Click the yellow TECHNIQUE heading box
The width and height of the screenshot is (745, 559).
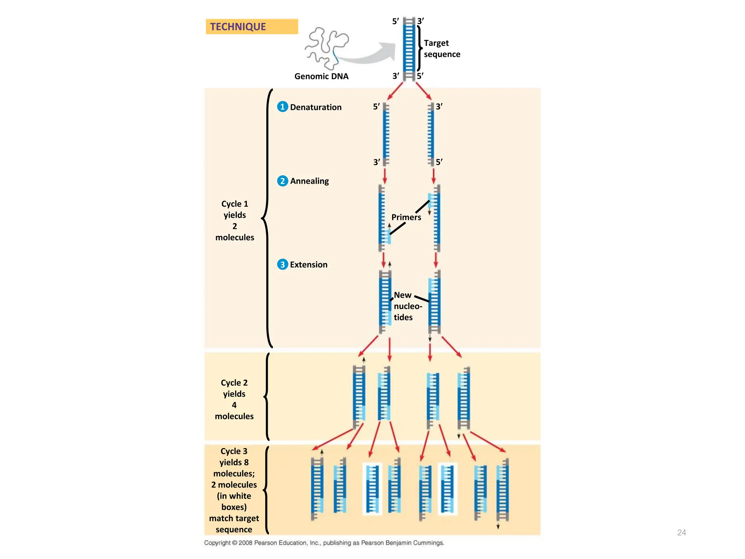click(252, 27)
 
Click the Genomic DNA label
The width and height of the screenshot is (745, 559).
click(321, 76)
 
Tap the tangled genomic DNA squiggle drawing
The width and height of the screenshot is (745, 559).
click(326, 47)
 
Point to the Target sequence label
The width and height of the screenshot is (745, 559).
click(442, 48)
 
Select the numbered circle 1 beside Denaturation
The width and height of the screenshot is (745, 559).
click(282, 107)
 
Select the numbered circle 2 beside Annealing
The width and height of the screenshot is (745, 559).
click(282, 181)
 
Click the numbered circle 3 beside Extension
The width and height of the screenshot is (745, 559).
click(282, 264)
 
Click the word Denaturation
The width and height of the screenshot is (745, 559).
click(316, 107)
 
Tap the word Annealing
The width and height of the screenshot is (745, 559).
click(309, 181)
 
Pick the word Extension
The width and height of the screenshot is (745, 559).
click(308, 265)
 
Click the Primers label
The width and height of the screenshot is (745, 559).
click(406, 217)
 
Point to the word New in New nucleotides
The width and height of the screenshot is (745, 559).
click(402, 295)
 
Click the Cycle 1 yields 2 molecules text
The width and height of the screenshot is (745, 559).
click(235, 221)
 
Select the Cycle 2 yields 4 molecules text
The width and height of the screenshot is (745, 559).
click(234, 399)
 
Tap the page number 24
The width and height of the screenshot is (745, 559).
click(681, 532)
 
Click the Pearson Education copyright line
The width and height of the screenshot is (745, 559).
click(324, 543)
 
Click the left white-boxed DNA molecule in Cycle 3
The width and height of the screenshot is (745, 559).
click(372, 489)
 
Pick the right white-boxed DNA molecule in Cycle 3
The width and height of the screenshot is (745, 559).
click(447, 489)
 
